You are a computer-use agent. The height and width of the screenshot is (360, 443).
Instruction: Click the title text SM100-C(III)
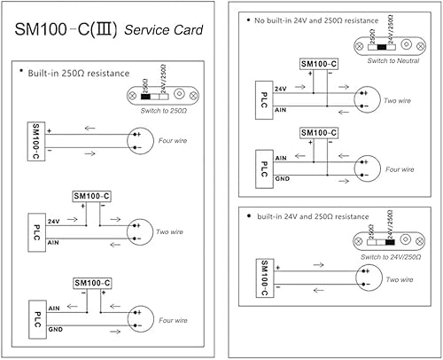click(x=66, y=30)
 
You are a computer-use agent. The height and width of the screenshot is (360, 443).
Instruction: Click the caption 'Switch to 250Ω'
click(x=165, y=111)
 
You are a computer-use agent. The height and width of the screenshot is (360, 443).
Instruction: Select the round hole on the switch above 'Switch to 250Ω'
click(x=181, y=92)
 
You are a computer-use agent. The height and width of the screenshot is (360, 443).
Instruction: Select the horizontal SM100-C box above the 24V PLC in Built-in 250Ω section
click(x=91, y=195)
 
